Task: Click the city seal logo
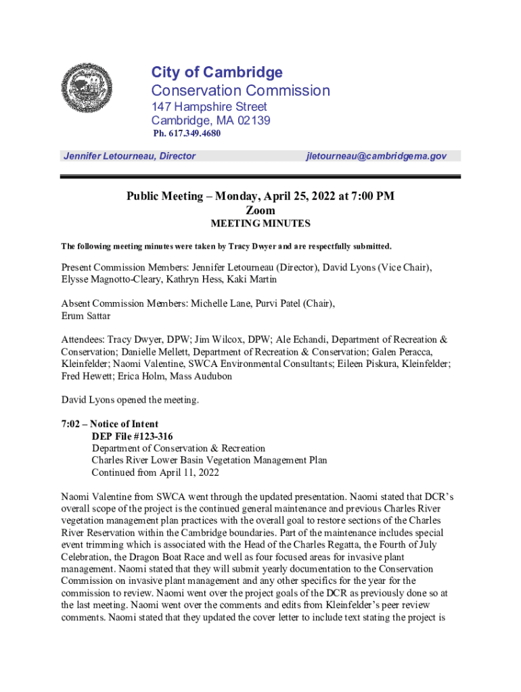[86, 89]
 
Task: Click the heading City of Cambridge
[217, 72]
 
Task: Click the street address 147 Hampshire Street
[209, 107]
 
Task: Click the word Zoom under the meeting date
[260, 210]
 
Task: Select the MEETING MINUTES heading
[260, 224]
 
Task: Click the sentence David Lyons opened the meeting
[130, 400]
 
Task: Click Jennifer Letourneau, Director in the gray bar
[129, 156]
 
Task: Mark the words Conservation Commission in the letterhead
[240, 91]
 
